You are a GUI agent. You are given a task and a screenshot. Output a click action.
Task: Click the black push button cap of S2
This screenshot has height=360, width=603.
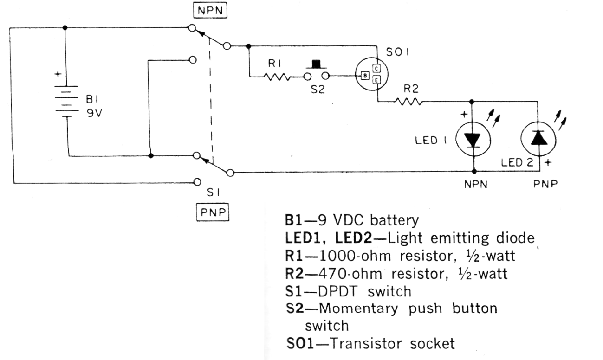317,64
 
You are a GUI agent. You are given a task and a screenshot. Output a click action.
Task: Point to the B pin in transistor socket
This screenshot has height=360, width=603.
365,75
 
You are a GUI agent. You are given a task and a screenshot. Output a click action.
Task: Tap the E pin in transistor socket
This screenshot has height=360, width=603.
376,80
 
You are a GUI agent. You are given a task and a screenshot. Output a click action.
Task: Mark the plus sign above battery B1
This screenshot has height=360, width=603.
58,74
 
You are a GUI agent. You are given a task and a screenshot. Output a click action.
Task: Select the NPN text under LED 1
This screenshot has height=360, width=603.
475,184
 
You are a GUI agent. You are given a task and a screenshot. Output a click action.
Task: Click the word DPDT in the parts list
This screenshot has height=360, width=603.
337,291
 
